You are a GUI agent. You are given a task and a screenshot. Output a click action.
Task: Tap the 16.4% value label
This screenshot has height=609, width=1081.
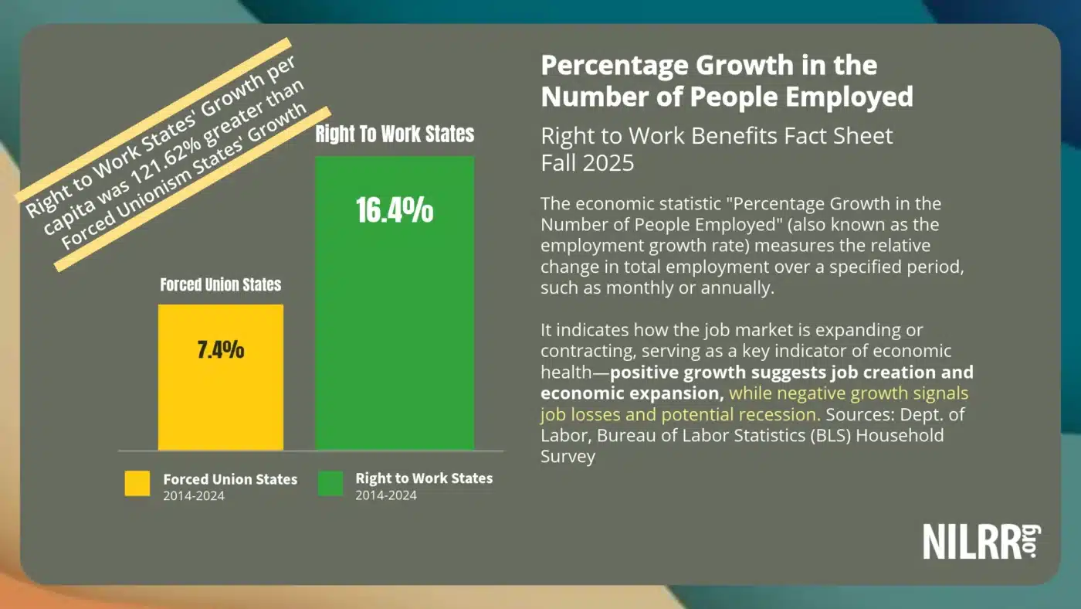click(x=395, y=210)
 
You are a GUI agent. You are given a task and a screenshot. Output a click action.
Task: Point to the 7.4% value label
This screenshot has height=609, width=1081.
click(x=221, y=349)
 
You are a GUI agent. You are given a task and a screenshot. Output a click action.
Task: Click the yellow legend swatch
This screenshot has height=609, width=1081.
click(x=137, y=484)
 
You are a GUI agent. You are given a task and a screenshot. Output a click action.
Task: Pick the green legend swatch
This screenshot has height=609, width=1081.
click(x=330, y=484)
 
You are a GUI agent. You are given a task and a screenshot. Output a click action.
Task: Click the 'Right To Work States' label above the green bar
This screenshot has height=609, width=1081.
click(x=395, y=134)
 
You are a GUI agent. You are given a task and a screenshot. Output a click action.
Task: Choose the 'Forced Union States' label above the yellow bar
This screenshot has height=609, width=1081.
click(x=221, y=285)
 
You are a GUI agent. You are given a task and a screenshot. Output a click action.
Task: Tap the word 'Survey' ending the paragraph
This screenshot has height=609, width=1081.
click(x=568, y=456)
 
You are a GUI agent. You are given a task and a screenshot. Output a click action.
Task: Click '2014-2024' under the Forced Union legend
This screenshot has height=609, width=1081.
click(x=194, y=496)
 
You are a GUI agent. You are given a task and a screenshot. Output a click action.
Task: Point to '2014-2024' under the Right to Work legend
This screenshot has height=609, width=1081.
click(x=386, y=495)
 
